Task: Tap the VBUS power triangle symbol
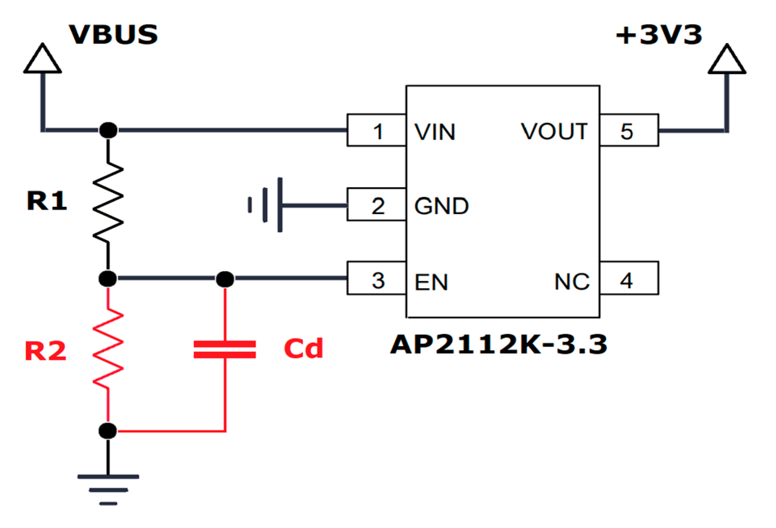[42, 60]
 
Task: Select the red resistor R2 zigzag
[108, 349]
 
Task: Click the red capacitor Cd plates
[225, 349]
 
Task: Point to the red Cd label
[303, 348]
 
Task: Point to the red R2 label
[45, 351]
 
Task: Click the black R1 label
[46, 201]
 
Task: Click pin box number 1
[377, 131]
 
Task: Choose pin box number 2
[377, 205]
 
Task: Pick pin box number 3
[377, 279]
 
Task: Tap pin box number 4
[628, 279]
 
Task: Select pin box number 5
[628, 131]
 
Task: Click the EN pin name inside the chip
[431, 282]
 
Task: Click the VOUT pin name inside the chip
[554, 131]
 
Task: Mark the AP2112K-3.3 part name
[498, 344]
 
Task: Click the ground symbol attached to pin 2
[267, 205]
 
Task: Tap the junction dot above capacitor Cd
[225, 279]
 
